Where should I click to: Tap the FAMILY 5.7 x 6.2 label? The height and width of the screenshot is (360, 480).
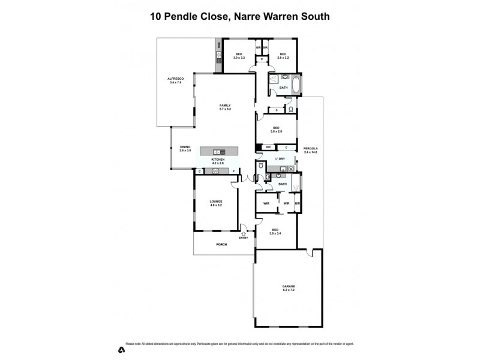click(225, 107)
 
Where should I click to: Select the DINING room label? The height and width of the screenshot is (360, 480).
click(185, 149)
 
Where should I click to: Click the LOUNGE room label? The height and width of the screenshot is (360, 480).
click(216, 203)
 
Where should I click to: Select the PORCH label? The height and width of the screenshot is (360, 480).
click(221, 245)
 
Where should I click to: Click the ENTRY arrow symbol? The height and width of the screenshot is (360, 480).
click(244, 235)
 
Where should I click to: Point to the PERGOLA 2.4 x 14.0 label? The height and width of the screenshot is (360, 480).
click(310, 150)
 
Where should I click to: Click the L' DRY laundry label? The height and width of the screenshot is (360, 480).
click(279, 158)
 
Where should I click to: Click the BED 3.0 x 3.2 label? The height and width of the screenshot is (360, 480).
click(239, 56)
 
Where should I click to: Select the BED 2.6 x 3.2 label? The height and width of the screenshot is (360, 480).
click(283, 56)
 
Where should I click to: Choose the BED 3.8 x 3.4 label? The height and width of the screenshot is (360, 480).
click(275, 232)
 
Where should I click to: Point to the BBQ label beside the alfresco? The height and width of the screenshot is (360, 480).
click(220, 45)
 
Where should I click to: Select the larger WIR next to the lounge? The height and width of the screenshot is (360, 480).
click(266, 203)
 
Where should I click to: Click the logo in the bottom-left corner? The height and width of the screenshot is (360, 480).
click(121, 349)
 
